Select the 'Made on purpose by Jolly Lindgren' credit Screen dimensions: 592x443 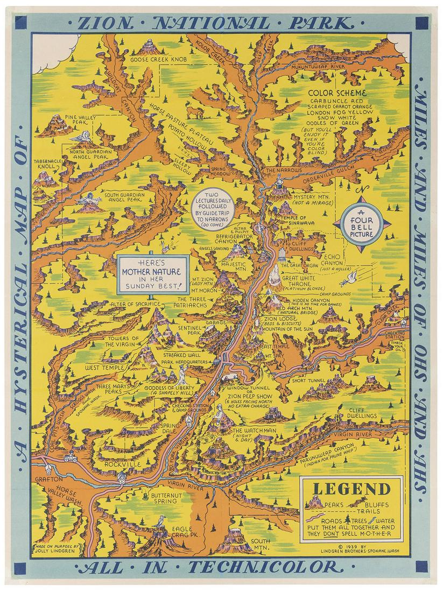tap(55, 547)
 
